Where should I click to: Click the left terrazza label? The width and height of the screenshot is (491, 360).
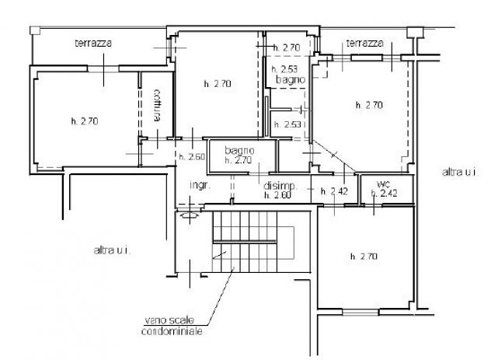pos(93,43)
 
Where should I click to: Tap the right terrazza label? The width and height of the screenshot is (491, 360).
pos(365,43)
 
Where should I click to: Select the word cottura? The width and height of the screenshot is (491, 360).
pos(158,106)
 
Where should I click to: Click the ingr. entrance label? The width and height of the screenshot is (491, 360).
pos(200,185)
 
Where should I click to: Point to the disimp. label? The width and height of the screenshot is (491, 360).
pos(280,186)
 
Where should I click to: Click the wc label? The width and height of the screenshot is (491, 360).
pos(383,183)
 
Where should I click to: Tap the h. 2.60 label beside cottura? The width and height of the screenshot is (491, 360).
pos(192,156)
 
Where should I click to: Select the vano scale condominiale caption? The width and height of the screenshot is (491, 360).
pos(172,326)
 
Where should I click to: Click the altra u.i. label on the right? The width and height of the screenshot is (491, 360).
pos(460,172)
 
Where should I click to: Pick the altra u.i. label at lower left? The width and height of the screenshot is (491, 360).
pos(112,250)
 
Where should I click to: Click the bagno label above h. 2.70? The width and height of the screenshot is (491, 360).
pos(239,150)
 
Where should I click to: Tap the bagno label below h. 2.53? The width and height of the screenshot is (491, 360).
pos(291,79)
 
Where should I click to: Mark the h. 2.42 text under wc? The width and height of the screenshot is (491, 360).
pos(385,193)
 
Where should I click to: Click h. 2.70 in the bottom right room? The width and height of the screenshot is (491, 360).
pos(364,257)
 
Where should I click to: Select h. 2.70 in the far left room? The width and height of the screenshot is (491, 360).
pos(85,121)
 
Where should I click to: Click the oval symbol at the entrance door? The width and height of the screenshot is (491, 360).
pos(190,215)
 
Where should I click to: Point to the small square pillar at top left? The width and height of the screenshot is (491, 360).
pos(35,30)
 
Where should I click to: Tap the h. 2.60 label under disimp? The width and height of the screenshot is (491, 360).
pos(277,195)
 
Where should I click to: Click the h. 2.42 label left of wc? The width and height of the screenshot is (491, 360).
pos(334,191)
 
